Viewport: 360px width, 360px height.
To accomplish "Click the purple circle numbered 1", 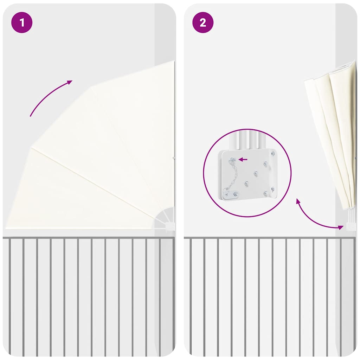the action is [22, 22].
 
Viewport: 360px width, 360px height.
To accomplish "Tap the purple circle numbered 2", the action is [203, 22].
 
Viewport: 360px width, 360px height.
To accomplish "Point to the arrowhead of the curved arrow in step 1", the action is [69, 82].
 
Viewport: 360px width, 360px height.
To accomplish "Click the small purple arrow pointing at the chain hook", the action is [243, 159].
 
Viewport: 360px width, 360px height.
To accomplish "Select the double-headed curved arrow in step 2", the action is [313, 220].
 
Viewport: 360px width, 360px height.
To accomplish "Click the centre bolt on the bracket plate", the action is [256, 173].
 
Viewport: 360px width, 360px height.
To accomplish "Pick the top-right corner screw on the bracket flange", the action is [273, 153].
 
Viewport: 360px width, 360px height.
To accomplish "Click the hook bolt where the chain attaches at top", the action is [233, 159].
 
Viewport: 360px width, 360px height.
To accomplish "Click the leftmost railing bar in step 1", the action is [9, 296].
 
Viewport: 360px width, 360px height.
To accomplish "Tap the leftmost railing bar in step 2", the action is [191, 296].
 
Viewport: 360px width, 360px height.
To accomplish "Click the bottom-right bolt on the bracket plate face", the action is [265, 193].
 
